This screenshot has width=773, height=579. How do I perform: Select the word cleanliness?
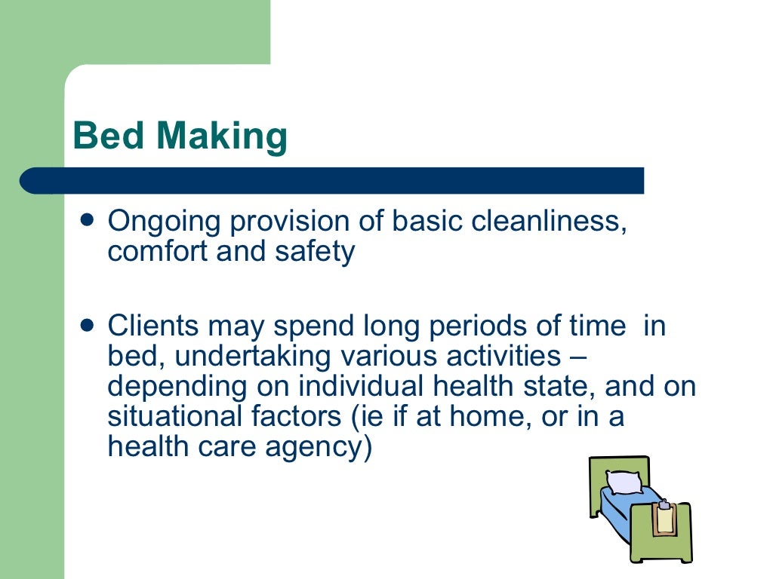tap(551, 222)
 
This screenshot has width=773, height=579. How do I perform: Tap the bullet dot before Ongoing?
tap(88, 220)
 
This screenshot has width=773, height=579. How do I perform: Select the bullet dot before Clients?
tap(88, 325)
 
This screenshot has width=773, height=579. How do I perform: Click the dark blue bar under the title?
tap(332, 181)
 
